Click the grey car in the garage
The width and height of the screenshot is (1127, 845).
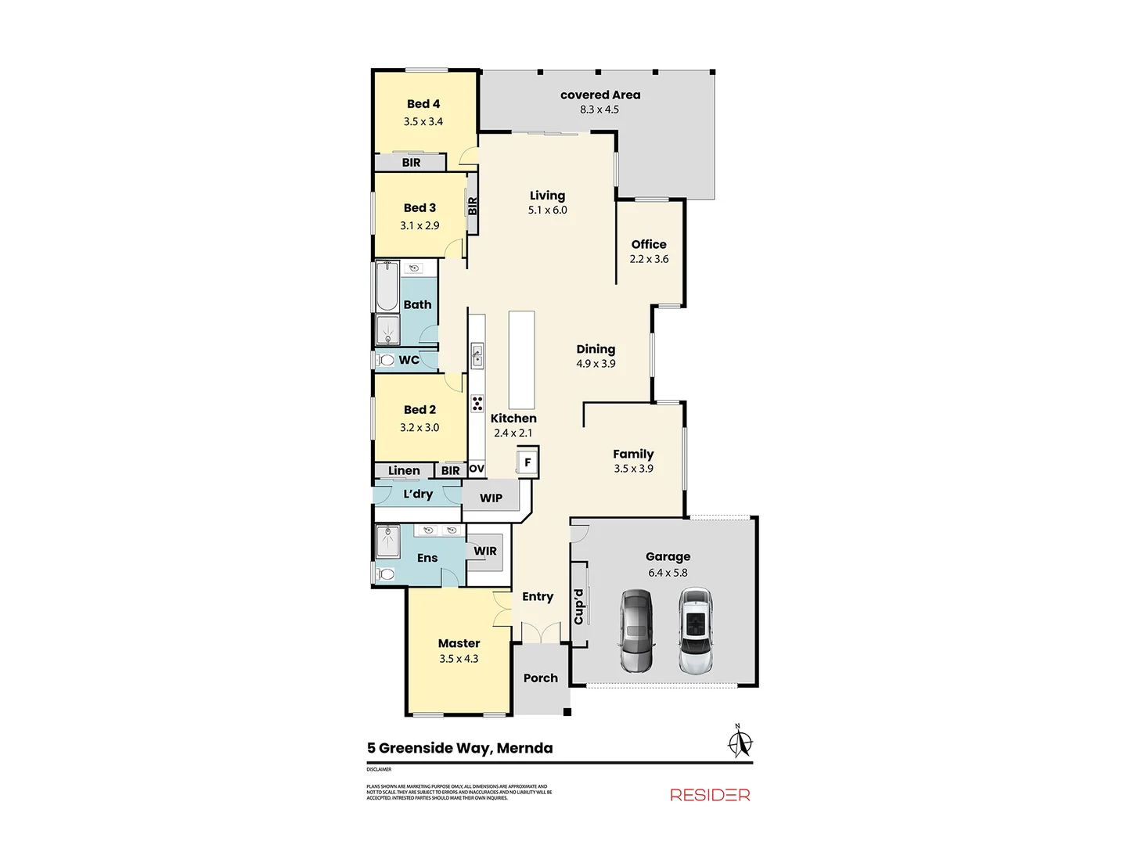click(636, 631)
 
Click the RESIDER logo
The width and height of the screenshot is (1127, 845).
click(710, 795)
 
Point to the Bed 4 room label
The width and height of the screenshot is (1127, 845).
click(423, 104)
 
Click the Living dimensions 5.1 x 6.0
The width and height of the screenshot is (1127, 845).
click(547, 210)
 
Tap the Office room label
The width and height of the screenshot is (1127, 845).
click(649, 244)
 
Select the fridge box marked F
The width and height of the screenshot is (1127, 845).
click(527, 462)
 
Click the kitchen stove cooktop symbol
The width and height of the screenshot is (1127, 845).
click(477, 404)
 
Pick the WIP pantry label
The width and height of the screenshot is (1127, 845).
click(491, 498)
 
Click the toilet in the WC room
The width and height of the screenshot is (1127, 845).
click(384, 361)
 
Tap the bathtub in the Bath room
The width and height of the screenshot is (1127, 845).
click(387, 286)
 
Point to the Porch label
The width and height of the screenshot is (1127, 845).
click(541, 678)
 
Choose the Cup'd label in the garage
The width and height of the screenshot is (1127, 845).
click(579, 606)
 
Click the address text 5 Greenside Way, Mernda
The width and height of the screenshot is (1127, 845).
click(460, 748)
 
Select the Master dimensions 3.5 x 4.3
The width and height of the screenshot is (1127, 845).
click(459, 659)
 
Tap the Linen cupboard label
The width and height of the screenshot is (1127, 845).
click(404, 470)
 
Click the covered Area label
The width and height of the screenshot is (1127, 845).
click(600, 95)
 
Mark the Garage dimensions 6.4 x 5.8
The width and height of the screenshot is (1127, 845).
click(668, 573)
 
